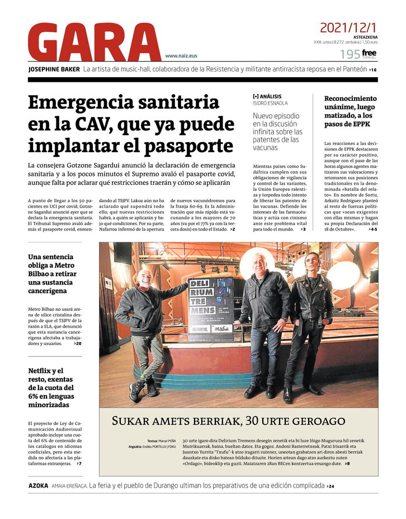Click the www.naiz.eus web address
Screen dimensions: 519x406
(x=181, y=56)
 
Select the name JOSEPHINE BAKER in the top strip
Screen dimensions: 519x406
(x=53, y=69)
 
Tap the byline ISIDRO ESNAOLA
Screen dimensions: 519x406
(x=272, y=103)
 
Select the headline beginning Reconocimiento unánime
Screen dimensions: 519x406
(x=350, y=111)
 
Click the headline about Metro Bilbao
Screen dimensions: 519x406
(x=53, y=274)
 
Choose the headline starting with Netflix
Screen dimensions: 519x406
(x=52, y=387)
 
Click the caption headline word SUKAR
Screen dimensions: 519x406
(x=131, y=421)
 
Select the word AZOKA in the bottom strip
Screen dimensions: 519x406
(x=38, y=485)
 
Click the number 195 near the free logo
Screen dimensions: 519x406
(x=350, y=54)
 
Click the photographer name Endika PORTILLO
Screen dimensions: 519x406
(x=159, y=446)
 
